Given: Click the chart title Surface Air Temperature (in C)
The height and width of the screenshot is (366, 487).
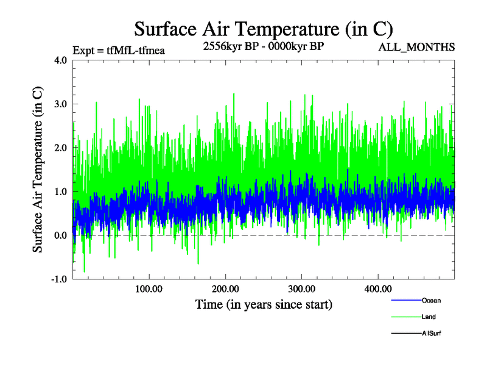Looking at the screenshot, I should [x=263, y=29].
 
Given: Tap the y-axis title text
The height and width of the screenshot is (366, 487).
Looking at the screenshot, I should [x=38, y=170].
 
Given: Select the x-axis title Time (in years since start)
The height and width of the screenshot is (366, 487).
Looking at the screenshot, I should [x=264, y=304].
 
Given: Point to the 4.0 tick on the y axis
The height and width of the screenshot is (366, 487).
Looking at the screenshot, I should [x=60, y=60].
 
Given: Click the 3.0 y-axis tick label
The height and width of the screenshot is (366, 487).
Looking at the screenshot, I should [x=60, y=104].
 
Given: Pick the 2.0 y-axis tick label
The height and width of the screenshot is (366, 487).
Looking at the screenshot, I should [x=60, y=148].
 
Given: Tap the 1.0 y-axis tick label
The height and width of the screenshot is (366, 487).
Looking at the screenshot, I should [x=60, y=192].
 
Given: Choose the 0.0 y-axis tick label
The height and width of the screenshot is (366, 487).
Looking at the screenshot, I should [x=60, y=235].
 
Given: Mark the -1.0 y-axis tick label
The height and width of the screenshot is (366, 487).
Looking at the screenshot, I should [x=58, y=279].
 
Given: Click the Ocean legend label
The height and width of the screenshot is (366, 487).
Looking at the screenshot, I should [x=431, y=300].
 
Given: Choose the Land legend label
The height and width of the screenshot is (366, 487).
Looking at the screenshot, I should [x=429, y=317].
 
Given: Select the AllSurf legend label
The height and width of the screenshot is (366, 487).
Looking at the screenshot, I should [x=431, y=333].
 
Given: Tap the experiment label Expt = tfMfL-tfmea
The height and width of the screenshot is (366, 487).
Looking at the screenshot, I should [x=119, y=50].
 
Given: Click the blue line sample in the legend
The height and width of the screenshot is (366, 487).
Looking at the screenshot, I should [x=405, y=300].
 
